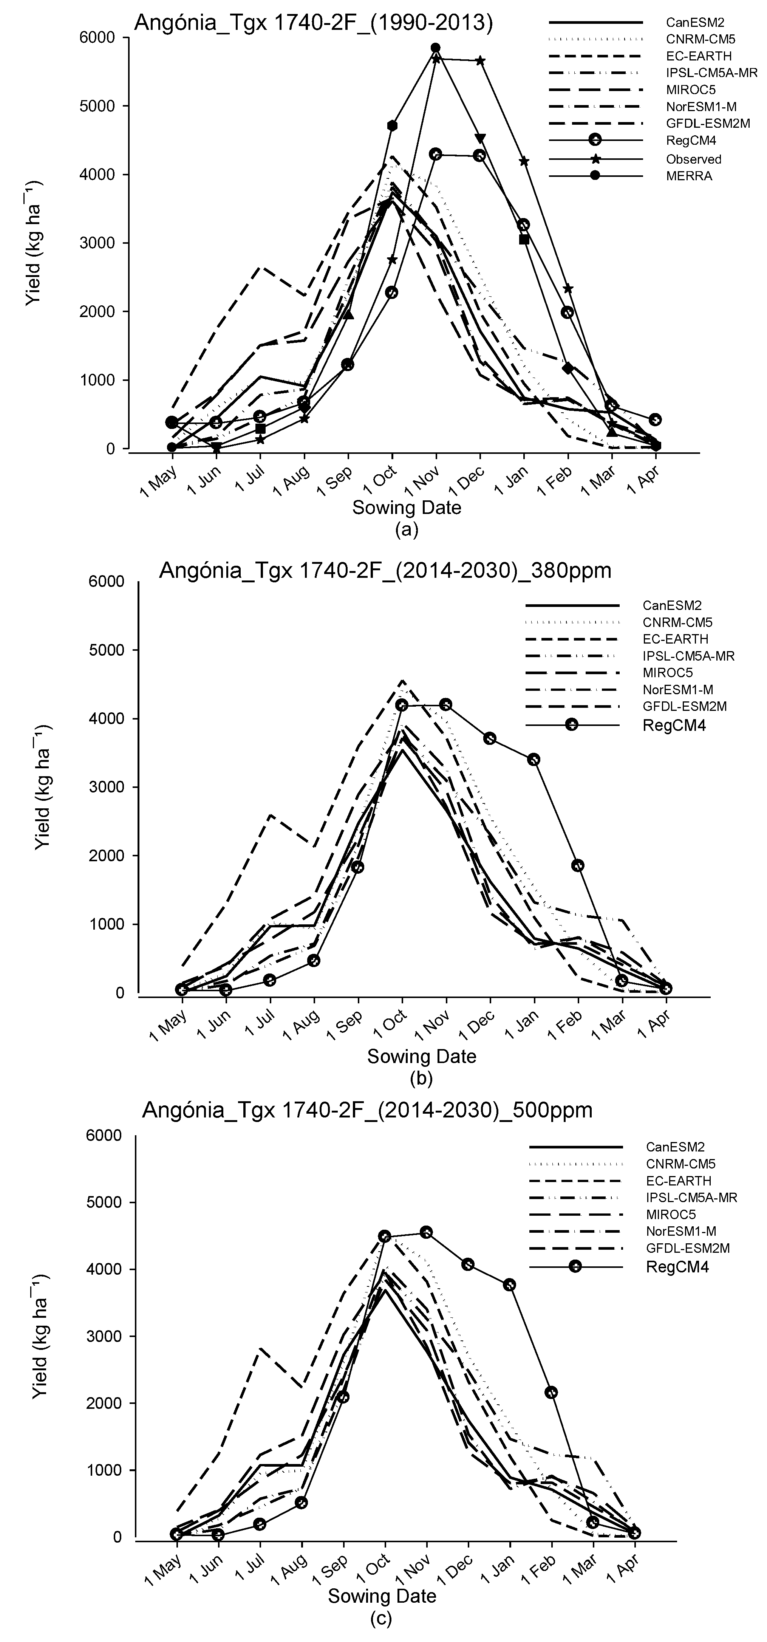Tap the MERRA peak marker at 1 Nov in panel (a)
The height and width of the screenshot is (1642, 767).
(436, 48)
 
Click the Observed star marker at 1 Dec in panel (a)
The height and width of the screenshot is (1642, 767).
(480, 60)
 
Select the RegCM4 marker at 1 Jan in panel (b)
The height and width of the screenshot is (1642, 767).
(534, 759)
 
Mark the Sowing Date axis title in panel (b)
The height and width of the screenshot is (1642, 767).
(421, 1056)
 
